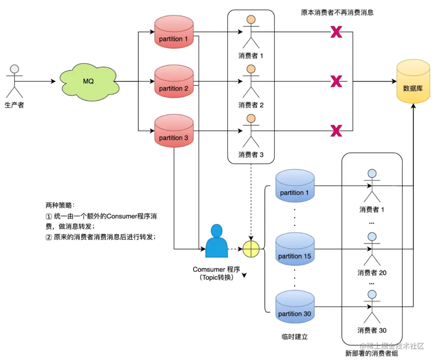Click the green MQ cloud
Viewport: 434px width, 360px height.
pyautogui.click(x=88, y=82)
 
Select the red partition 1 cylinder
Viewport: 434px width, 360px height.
pyautogui.click(x=174, y=33)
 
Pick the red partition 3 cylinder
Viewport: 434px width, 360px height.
pyautogui.click(x=174, y=132)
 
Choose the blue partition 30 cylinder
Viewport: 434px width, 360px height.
pyautogui.click(x=295, y=308)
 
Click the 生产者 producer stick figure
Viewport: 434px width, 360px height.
pyautogui.click(x=14, y=80)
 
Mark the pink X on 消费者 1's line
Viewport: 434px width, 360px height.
pyautogui.click(x=336, y=32)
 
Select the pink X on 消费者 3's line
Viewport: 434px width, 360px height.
pyautogui.click(x=336, y=131)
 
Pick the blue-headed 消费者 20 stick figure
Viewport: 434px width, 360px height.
pyautogui.click(x=372, y=249)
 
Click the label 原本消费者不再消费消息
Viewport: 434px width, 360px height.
pyautogui.click(x=337, y=12)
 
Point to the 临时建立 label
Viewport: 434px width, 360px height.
pyautogui.click(x=295, y=336)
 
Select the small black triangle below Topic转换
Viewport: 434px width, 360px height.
pyautogui.click(x=244, y=276)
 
